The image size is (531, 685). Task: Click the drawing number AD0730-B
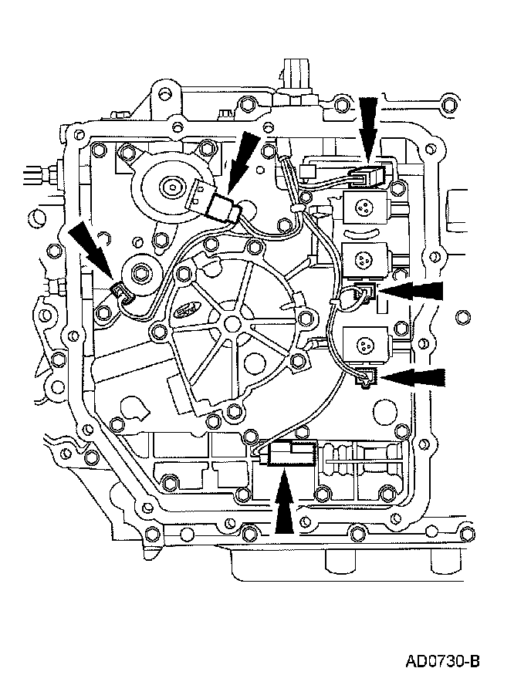coord(443,661)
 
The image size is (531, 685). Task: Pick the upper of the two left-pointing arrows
coord(416,292)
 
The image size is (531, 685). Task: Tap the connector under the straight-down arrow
coord(369,178)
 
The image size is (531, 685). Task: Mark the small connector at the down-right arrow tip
coord(120,291)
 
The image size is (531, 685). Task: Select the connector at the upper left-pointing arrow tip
coord(367,292)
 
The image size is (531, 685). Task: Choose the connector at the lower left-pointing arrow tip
coord(366,376)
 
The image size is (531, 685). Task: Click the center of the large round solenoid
coord(169,185)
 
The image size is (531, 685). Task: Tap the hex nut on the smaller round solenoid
coord(142,272)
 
